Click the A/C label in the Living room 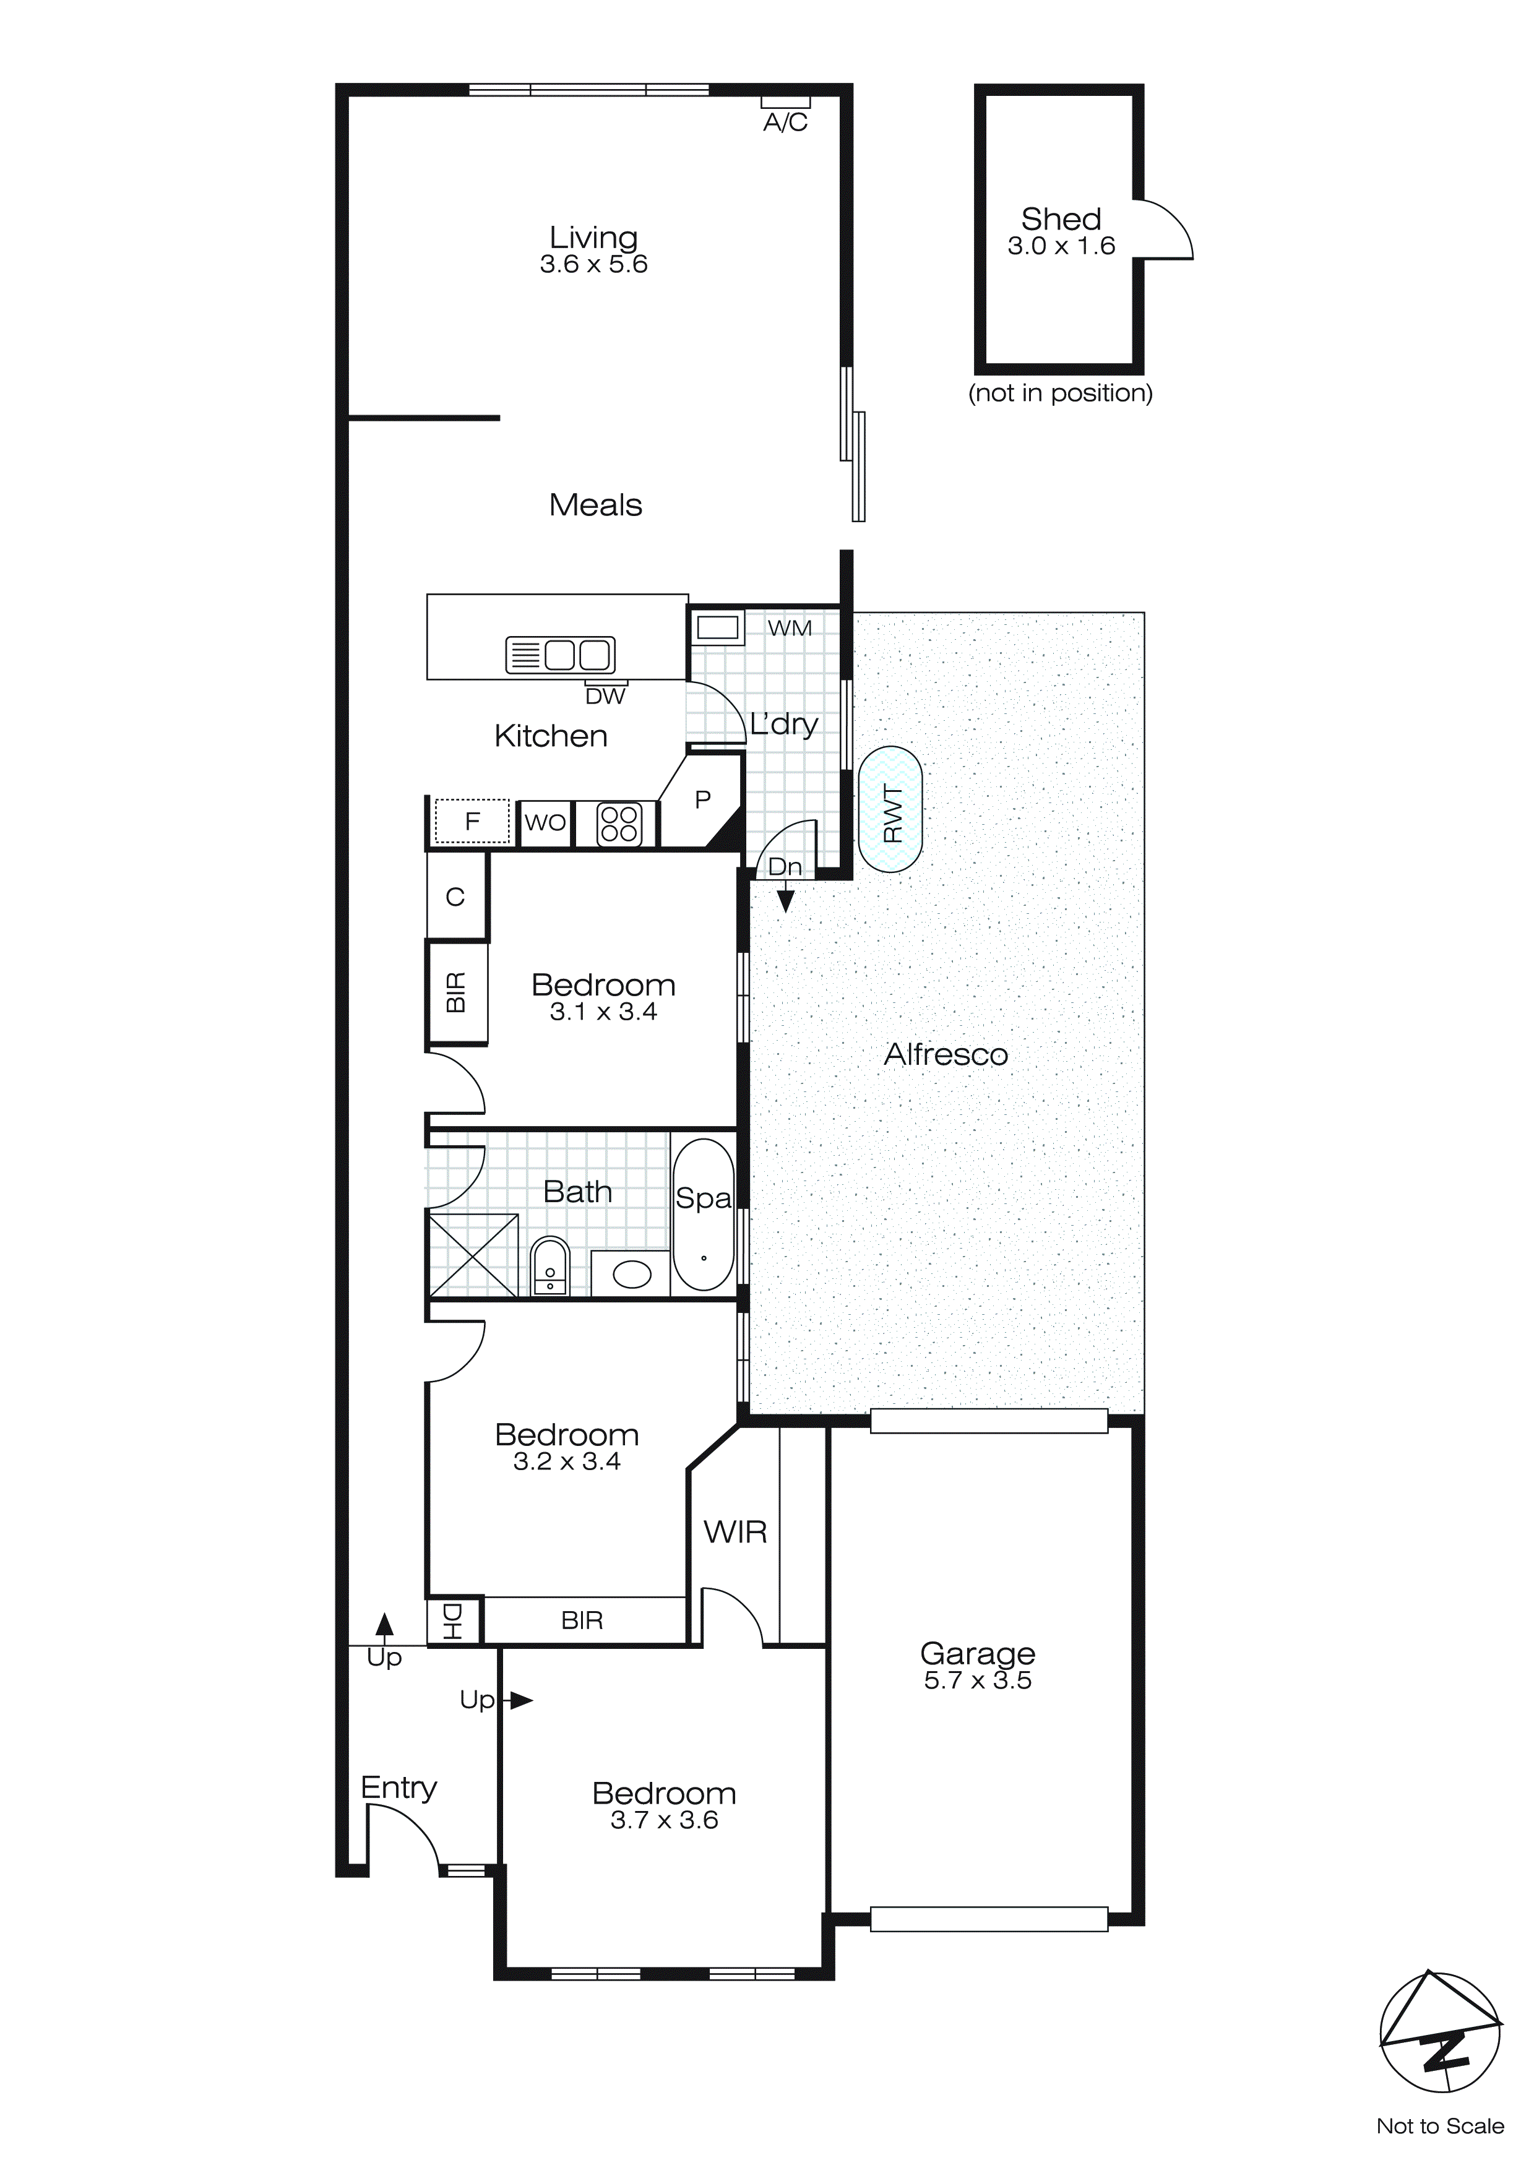(785, 122)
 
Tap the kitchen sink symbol (561, 655)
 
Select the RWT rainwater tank (890, 809)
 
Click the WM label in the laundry (789, 628)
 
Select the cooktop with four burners (619, 824)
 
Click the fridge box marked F (472, 822)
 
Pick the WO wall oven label (545, 822)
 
